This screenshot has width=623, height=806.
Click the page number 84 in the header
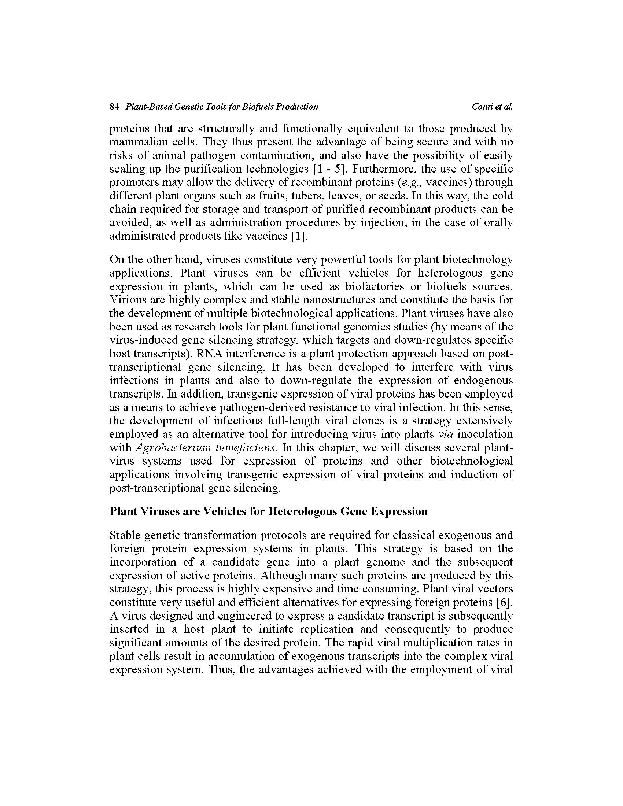point(114,107)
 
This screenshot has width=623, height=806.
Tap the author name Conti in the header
point(482,107)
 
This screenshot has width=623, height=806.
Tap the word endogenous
point(483,380)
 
